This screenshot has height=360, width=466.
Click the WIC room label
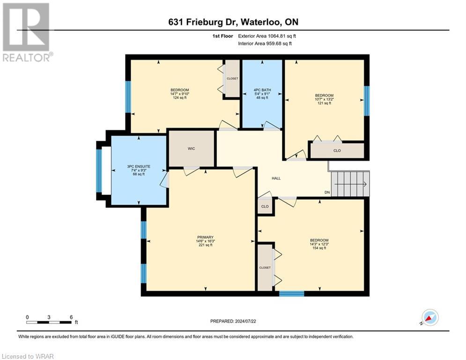(x=191, y=149)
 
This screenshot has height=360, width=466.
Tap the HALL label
(x=276, y=178)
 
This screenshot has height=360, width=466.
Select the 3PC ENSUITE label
(x=138, y=166)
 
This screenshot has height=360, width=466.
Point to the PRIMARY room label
(x=205, y=237)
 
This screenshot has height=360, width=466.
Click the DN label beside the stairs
(x=327, y=193)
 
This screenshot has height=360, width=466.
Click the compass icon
(x=429, y=317)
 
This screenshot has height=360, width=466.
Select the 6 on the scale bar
(x=71, y=317)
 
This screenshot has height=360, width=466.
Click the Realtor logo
(x=26, y=32)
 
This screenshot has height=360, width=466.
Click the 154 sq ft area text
(x=319, y=248)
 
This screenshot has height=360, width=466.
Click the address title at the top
(x=233, y=22)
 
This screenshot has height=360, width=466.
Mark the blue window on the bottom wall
(x=291, y=294)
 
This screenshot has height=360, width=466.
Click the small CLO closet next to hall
(x=265, y=206)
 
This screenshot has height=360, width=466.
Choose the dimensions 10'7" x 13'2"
(x=324, y=99)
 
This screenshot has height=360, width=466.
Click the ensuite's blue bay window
(x=99, y=171)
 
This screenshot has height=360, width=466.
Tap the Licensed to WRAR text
(x=28, y=356)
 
